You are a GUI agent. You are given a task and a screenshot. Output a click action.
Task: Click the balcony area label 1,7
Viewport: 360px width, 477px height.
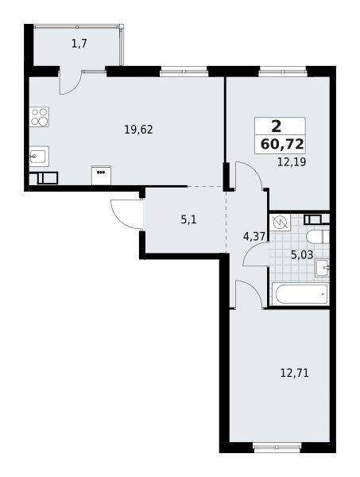coord(79,44)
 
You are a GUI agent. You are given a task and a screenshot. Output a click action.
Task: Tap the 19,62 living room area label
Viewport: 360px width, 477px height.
coord(138,130)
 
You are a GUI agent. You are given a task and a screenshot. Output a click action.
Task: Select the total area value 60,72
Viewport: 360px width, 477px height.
coord(282,144)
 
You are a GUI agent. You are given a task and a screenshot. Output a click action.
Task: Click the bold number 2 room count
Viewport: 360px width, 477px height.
coord(276,126)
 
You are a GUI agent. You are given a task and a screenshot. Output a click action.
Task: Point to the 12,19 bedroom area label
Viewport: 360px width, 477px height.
coord(292,161)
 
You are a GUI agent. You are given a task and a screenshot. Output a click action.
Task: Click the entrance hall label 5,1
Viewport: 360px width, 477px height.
coord(188,219)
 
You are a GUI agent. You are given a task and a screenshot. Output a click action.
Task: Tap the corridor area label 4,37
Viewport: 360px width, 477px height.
coord(254,236)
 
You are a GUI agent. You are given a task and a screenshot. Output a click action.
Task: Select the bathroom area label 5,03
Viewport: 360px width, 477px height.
coord(302,255)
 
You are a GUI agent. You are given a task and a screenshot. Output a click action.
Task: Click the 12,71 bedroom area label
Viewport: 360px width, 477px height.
coord(294,372)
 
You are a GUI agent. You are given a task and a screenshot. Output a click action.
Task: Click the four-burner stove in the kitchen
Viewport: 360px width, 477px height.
coord(39,117)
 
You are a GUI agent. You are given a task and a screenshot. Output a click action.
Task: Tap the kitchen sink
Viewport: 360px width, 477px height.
coord(39,157)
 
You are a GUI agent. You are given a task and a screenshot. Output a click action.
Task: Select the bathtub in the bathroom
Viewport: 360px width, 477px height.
coord(300,293)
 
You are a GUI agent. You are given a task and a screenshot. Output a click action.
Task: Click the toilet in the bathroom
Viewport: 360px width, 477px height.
coord(318,237)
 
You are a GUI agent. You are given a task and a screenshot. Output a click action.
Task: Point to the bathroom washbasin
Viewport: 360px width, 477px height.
coord(323,268)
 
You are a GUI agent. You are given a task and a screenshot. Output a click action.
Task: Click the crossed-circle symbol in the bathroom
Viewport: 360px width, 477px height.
coord(280,223)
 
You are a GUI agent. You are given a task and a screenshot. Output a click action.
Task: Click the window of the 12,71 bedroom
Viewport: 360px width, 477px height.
coord(277,446)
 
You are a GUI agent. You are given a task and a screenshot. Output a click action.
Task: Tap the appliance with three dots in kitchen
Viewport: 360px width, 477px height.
coord(101,175)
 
